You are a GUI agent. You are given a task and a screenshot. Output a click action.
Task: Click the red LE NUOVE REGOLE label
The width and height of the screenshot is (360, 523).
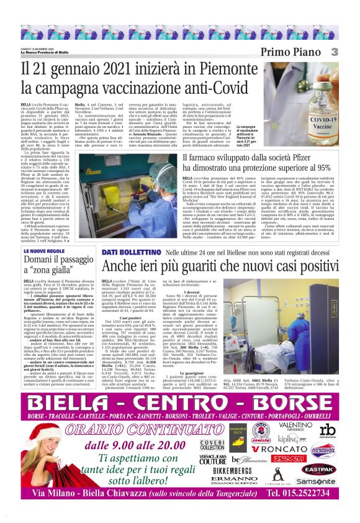(x=44, y=251)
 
